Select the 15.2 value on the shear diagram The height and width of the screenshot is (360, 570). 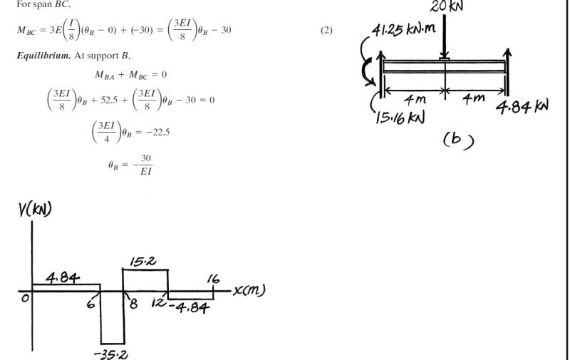(141, 260)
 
